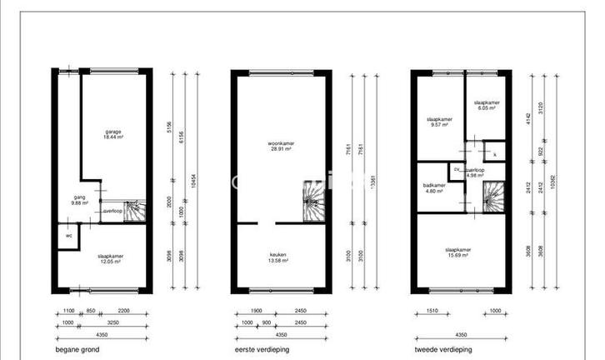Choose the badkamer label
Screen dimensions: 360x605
(434, 187)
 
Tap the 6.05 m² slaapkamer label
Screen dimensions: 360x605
(486, 106)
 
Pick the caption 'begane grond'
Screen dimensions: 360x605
(77, 350)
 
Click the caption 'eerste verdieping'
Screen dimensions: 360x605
(263, 350)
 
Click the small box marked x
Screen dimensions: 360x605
(494, 155)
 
